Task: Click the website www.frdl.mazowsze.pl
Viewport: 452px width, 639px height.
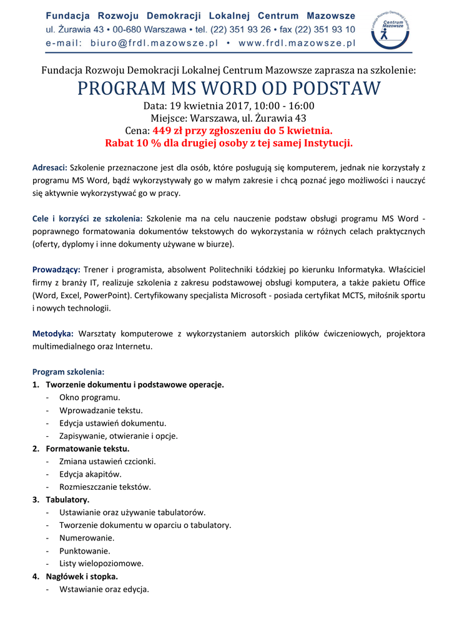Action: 297,43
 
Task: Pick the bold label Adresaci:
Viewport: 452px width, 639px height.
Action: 50,168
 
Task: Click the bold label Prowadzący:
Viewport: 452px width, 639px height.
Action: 56,270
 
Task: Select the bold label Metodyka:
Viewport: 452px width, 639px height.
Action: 53,334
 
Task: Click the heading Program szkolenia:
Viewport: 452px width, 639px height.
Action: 68,372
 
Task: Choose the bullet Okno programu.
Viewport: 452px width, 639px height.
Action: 90,397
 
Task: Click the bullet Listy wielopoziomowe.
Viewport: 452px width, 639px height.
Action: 101,563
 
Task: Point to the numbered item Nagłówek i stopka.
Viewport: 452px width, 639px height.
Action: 82,576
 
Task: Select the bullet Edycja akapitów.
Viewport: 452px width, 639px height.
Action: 91,474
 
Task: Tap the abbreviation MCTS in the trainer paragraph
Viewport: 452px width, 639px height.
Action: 358,295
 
